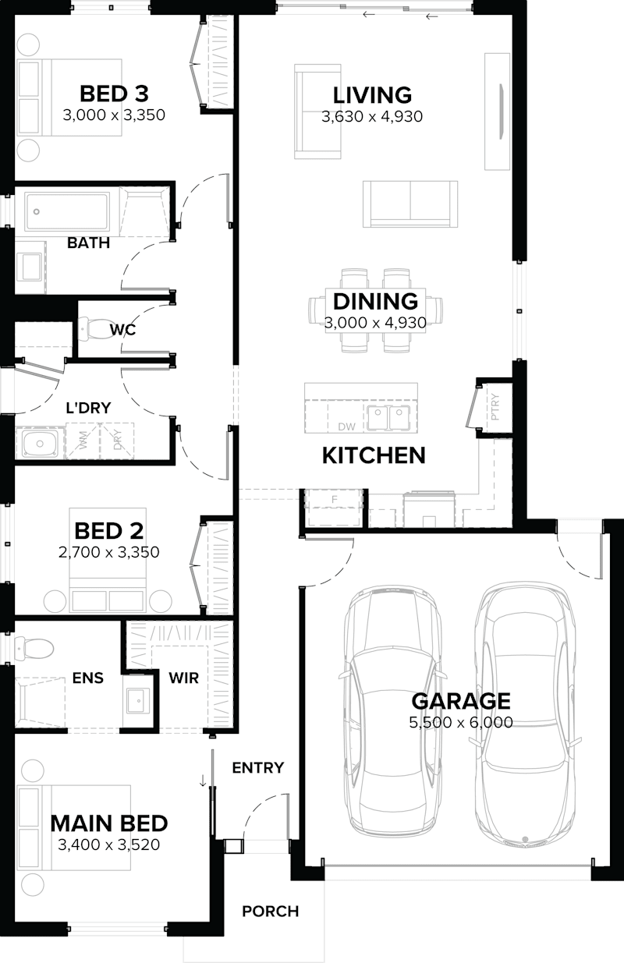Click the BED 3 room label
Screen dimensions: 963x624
[114, 94]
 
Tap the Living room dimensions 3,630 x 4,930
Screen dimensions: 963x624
[372, 117]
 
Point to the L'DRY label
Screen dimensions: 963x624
[87, 406]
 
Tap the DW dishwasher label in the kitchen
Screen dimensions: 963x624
[346, 426]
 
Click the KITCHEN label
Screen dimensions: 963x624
[374, 455]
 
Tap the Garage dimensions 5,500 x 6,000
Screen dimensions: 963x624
[461, 723]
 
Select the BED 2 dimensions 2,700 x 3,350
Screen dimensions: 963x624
[109, 553]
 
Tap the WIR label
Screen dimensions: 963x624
[184, 678]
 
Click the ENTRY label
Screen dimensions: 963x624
[257, 768]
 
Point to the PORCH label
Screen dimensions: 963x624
[270, 911]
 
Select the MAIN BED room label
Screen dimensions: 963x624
[109, 823]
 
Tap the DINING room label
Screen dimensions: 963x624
[375, 301]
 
